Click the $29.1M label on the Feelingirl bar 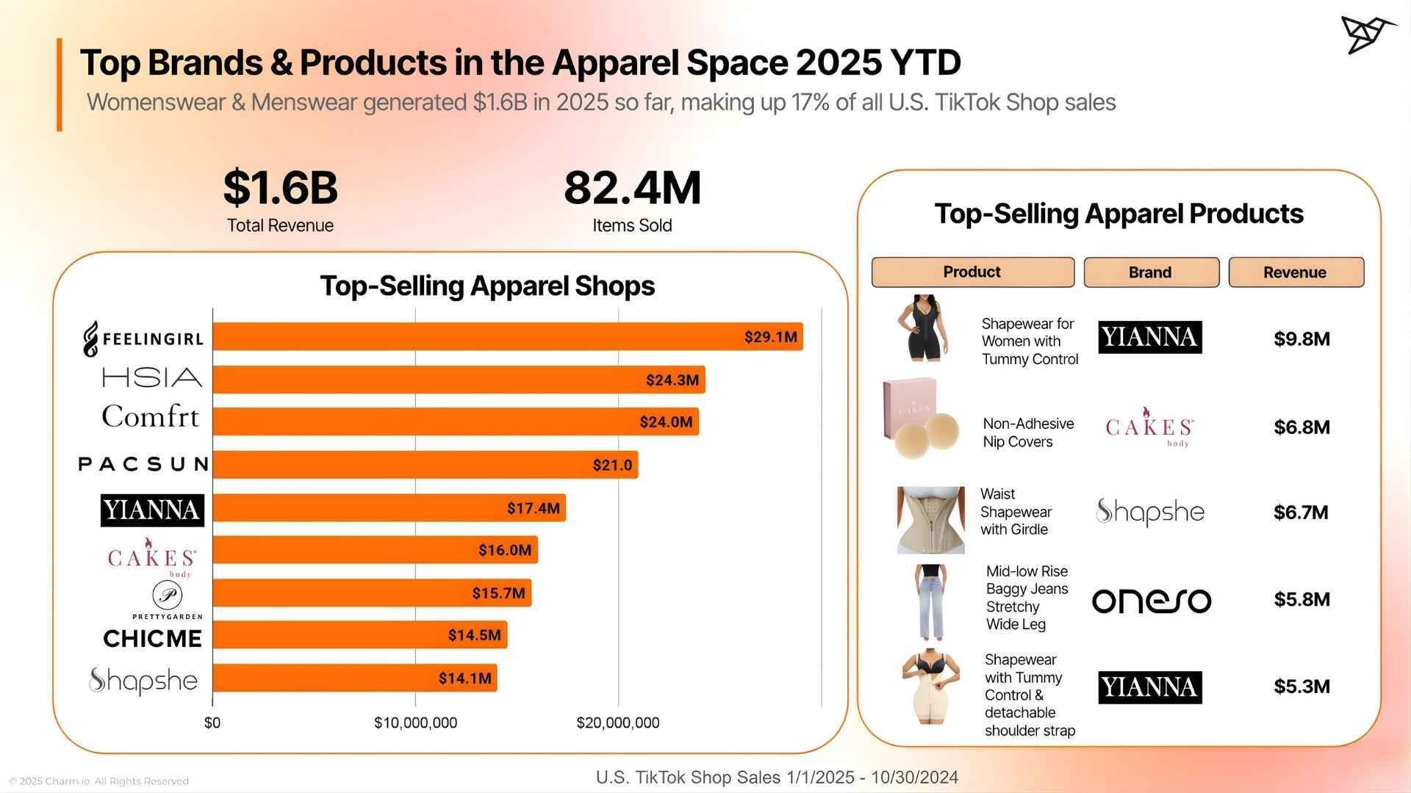[770, 337]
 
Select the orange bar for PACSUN [425, 465]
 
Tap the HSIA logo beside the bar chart [151, 378]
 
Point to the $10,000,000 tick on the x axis [415, 723]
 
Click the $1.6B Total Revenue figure [280, 188]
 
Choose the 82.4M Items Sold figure [632, 188]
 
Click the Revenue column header [1296, 272]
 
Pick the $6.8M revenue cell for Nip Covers [1302, 427]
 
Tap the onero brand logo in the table [1151, 601]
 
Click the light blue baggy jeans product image [930, 602]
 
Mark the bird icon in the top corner [1367, 35]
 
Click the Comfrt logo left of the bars [151, 417]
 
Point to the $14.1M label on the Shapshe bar [464, 678]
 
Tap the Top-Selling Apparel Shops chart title [487, 286]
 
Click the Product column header [972, 272]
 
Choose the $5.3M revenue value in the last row [1302, 687]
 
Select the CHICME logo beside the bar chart [152, 639]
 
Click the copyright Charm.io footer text [98, 781]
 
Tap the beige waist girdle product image [930, 520]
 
